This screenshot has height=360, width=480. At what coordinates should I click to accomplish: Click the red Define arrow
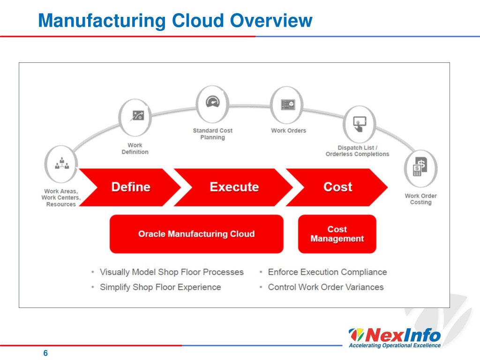click(x=130, y=187)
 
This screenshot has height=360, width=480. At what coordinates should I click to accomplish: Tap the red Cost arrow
click(x=337, y=187)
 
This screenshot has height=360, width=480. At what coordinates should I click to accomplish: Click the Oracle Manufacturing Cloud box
click(x=196, y=234)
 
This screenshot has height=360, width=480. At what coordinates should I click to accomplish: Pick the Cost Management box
click(x=337, y=234)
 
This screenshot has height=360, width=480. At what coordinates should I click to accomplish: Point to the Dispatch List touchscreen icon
click(x=360, y=124)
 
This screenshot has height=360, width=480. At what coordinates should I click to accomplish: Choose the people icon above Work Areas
click(x=61, y=164)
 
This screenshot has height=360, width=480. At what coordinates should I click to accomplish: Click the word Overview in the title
click(x=271, y=21)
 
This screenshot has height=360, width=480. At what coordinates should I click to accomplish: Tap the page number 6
click(x=45, y=353)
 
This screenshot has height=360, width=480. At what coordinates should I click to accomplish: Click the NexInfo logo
click(x=395, y=338)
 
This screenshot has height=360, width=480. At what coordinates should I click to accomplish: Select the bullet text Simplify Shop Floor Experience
click(x=160, y=287)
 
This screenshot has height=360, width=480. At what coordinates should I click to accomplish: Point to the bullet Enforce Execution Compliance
click(x=327, y=272)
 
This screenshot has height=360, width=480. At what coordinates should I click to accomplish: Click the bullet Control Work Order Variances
click(x=326, y=287)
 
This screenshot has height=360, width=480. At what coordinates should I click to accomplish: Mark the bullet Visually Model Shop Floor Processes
click(x=172, y=272)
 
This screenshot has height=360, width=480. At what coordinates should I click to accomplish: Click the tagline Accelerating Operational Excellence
click(x=395, y=345)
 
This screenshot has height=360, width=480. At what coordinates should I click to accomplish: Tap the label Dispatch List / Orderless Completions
click(x=357, y=151)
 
